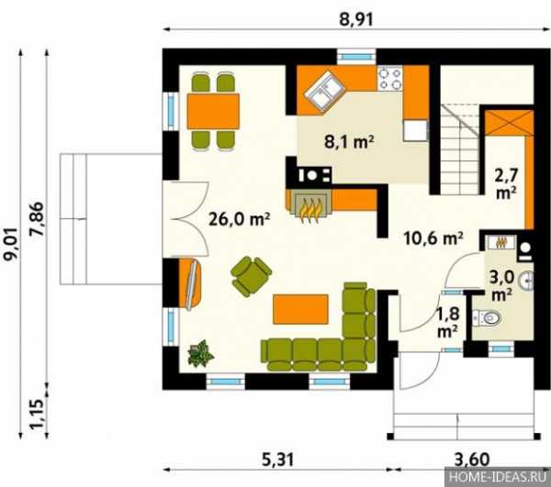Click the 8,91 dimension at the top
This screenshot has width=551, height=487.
coord(355,19)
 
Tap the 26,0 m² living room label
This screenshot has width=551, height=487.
coord(240,219)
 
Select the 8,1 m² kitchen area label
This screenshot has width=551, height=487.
coord(349,142)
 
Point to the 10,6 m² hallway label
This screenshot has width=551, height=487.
coord(433,238)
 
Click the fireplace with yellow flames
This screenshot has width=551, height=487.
coord(309,207)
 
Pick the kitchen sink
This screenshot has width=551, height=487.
coord(324,91)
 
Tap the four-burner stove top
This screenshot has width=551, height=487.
coord(390,79)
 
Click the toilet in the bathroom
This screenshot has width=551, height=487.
coord(487,318)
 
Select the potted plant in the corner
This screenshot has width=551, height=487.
coord(200,353)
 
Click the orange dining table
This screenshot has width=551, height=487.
coord(213,111)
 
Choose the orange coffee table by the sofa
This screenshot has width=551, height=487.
coord(301,309)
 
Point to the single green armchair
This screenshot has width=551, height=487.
coord(251,276)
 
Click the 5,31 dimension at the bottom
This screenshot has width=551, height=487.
coord(277,459)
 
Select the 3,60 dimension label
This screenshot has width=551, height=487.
coord(472,459)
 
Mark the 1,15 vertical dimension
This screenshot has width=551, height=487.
coord(38,414)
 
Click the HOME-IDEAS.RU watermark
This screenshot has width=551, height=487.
coord(498,477)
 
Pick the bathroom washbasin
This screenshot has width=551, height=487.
coord(527,281)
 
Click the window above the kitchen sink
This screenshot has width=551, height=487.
coord(356,56)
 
